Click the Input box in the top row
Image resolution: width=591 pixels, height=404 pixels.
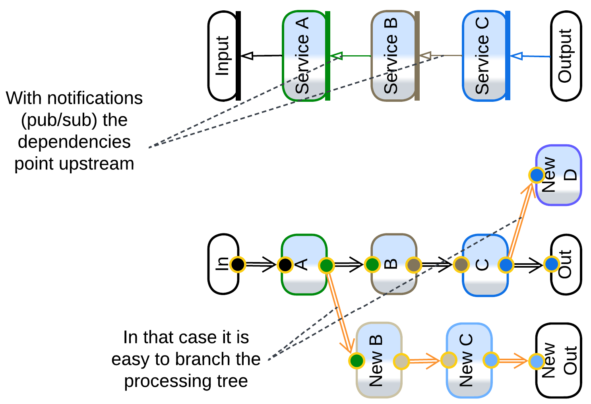pyautogui.click(x=223, y=56)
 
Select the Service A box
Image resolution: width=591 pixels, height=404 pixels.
pyautogui.click(x=304, y=56)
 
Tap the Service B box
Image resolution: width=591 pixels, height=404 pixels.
pyautogui.click(x=392, y=56)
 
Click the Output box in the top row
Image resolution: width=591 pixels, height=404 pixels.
pyautogui.click(x=566, y=56)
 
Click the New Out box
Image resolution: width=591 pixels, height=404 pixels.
pyautogui.click(x=559, y=360)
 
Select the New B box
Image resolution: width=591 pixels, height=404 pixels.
pyautogui.click(x=378, y=360)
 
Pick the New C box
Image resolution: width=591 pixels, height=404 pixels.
pyautogui.click(x=469, y=360)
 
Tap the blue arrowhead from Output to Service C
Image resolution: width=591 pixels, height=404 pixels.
pyautogui.click(x=516, y=56)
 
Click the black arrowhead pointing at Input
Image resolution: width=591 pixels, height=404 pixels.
pyautogui.click(x=248, y=56)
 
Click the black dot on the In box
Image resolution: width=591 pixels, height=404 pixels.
pyautogui.click(x=238, y=264)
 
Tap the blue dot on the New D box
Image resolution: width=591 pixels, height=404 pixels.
pyautogui.click(x=537, y=175)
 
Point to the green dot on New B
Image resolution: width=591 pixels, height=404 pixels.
pyautogui.click(x=357, y=361)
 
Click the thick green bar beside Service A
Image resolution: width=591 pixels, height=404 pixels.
pyautogui.click(x=327, y=56)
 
